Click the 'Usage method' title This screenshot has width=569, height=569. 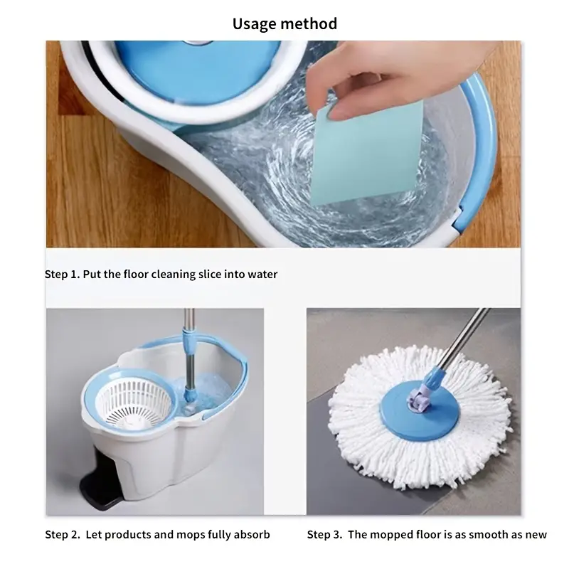coord(284,24)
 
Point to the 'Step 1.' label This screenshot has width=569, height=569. coord(62,275)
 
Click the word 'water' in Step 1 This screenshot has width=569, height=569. coord(262,275)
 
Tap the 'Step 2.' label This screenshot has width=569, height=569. coord(63,535)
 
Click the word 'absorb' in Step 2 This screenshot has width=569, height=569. coord(252,535)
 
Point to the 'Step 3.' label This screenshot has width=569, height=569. coord(324,535)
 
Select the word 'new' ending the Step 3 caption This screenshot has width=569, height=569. coord(536,535)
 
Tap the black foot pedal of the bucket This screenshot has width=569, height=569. coord(97,479)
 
